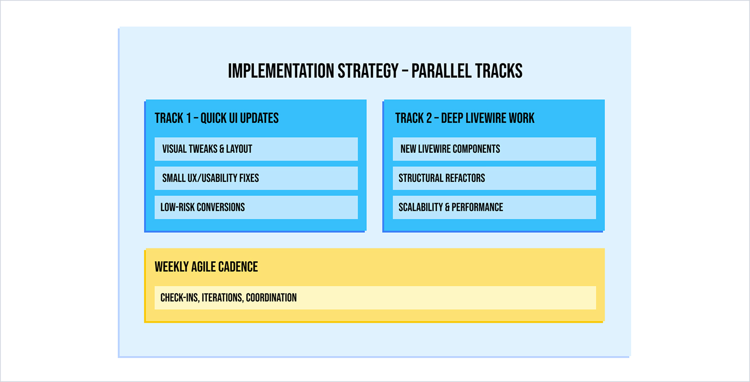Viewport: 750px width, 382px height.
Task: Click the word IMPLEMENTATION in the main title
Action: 281,71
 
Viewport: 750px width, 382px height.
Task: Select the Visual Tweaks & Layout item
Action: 256,149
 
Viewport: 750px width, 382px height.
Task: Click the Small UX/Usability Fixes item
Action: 256,178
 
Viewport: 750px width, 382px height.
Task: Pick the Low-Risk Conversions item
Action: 256,208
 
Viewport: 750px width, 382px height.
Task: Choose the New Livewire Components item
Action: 494,149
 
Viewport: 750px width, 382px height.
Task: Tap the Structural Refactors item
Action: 494,178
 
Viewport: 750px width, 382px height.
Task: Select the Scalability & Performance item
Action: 494,208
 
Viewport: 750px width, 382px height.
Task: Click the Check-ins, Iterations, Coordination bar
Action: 375,298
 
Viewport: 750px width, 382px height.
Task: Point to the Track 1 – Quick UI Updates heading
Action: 216,118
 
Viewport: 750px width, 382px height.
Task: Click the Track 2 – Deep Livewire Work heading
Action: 464,118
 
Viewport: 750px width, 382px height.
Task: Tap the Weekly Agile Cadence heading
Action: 206,267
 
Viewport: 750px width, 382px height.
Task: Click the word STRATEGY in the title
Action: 368,71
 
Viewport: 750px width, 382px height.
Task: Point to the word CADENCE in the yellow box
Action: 238,267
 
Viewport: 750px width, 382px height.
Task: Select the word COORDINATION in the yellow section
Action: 271,298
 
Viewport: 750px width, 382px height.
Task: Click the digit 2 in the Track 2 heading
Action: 429,118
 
